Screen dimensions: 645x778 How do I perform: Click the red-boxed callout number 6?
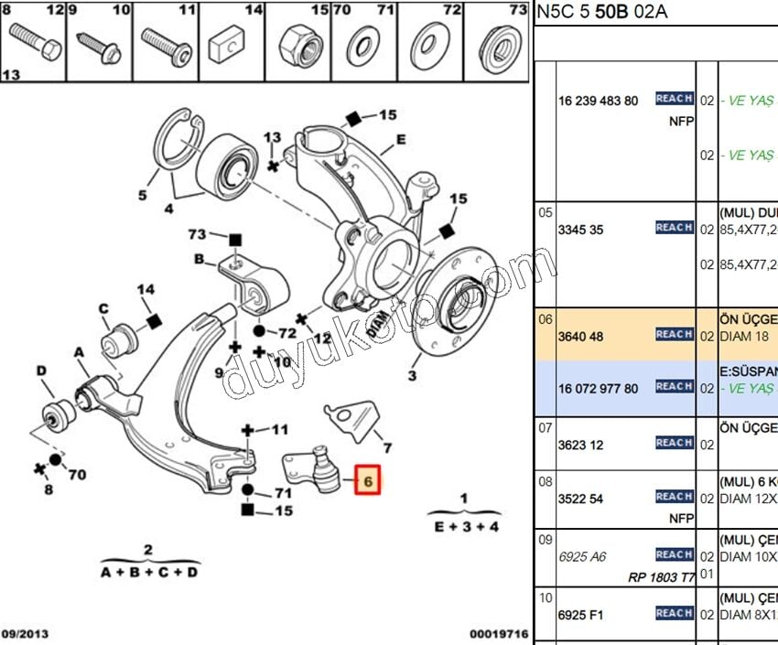point(369,480)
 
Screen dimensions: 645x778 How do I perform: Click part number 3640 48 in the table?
point(581,337)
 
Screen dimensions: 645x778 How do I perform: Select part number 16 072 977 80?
point(598,389)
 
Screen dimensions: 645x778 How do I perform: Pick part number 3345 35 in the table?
point(581,230)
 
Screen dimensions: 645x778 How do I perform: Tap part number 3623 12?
point(581,445)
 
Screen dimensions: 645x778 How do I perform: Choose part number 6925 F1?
point(580,615)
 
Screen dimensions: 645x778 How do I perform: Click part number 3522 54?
point(581,499)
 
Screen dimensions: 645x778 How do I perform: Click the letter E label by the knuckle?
point(400,140)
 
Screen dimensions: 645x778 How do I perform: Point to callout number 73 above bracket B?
point(197,235)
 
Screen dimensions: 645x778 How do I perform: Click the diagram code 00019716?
point(498,633)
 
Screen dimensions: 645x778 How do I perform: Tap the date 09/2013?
point(26,633)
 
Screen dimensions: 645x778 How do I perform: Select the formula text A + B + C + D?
point(148,573)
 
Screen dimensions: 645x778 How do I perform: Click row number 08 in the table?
point(546,480)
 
